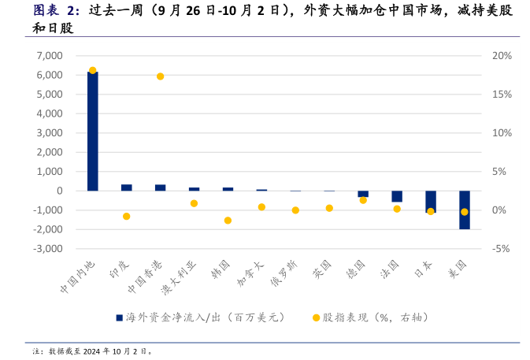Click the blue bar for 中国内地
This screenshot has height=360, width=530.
[x=92, y=131]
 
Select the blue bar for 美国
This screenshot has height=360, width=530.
[x=465, y=210]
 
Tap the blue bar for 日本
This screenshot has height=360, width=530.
[x=431, y=201]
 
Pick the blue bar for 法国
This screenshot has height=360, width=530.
[x=397, y=196]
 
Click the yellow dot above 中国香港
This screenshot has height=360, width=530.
[x=160, y=76]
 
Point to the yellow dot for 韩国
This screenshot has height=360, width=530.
[x=228, y=221]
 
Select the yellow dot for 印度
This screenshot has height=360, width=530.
[x=126, y=217]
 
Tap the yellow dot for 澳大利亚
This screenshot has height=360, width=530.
[x=194, y=203]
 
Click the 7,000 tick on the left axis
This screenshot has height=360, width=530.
[x=50, y=56]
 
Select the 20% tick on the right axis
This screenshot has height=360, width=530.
[x=502, y=56]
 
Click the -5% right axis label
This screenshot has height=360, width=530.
[x=502, y=248]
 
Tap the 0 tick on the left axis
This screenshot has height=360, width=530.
[x=59, y=191]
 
